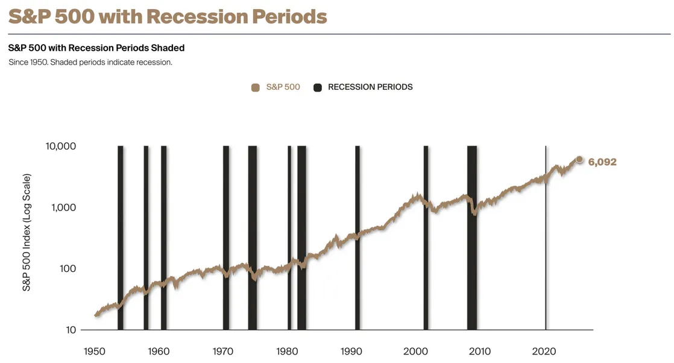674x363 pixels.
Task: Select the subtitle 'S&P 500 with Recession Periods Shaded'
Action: coord(96,48)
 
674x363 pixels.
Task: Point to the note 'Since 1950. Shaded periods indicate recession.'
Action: coord(90,62)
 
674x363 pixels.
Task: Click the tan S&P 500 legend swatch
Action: coord(255,87)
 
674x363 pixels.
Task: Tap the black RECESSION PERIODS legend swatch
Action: coord(318,87)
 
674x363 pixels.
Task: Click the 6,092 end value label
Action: coord(602,162)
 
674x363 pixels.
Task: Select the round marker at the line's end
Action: coord(579,159)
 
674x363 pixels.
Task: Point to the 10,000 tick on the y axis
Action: coord(60,147)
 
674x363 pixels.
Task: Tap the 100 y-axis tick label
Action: coord(68,269)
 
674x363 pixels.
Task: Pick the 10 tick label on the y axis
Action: coord(71,330)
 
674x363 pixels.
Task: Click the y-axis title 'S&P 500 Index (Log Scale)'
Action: coord(27,233)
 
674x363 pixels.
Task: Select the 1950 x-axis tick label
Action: coord(94,351)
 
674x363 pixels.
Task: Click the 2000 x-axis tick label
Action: coord(415,351)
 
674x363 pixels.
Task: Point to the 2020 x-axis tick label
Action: coord(544,351)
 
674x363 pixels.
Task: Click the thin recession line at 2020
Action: coord(546,241)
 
